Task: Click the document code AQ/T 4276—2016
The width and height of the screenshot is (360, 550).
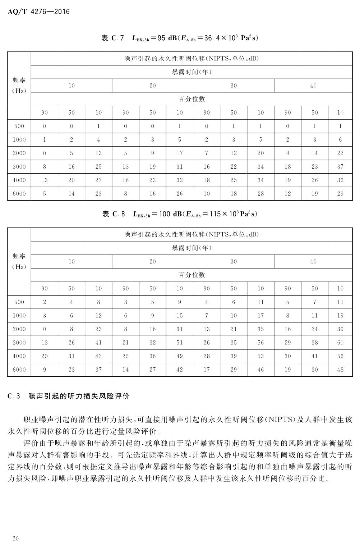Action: pos(38,12)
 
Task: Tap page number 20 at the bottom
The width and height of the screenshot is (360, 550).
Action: pos(15,538)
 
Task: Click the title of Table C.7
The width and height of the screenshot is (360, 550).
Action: pos(180,38)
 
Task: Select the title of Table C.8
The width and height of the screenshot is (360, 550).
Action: pos(180,214)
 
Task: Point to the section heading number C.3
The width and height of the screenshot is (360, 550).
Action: pos(14,396)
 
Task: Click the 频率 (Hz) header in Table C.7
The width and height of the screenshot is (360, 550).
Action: pos(19,86)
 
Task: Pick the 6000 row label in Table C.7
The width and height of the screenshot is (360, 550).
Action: pos(19,194)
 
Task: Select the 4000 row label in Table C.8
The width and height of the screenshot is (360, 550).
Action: pos(19,356)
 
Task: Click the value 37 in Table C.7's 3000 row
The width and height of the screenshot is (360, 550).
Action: pos(340,167)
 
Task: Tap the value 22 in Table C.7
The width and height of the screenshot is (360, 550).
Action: pos(340,153)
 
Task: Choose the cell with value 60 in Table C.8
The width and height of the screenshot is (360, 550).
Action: pos(340,343)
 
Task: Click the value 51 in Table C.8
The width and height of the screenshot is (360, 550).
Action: pos(180,343)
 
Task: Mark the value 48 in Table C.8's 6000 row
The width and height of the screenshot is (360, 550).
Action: pos(340,370)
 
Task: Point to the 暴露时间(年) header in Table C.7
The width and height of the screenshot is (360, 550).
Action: pos(191,72)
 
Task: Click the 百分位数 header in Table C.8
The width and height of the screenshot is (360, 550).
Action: pos(191,275)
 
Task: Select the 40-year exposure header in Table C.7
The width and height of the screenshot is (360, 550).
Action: pos(313,86)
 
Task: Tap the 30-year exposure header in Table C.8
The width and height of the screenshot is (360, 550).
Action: pos(234,261)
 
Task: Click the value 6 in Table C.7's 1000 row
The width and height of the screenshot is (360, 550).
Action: pos(340,139)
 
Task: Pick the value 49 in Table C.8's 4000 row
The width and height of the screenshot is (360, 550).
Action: pos(180,356)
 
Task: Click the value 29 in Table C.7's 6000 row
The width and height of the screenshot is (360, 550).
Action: pos(340,194)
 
